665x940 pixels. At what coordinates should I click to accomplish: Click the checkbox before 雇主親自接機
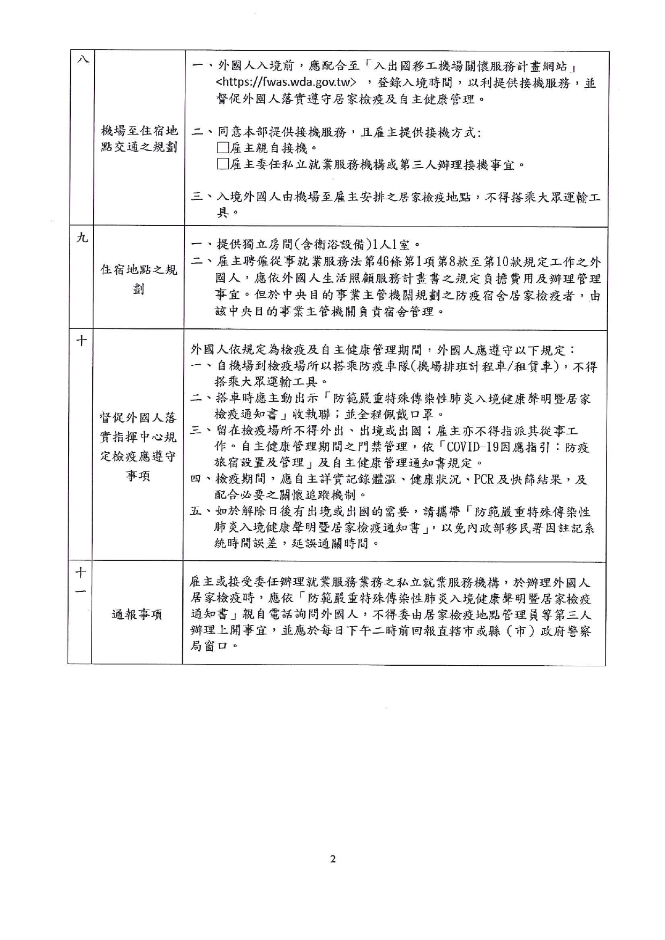(x=222, y=148)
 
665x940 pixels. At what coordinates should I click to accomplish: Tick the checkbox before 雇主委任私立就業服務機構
(x=222, y=164)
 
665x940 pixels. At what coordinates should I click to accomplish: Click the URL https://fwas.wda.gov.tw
(x=287, y=83)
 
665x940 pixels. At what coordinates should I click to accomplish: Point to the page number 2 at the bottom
(x=333, y=859)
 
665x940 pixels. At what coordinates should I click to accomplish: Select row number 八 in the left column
(x=82, y=59)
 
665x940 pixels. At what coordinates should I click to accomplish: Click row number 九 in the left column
(x=81, y=237)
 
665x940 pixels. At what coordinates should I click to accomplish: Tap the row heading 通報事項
(x=137, y=614)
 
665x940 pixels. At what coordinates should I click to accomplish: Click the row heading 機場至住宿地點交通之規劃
(x=139, y=139)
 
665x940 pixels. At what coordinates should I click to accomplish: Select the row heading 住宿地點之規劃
(x=139, y=279)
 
